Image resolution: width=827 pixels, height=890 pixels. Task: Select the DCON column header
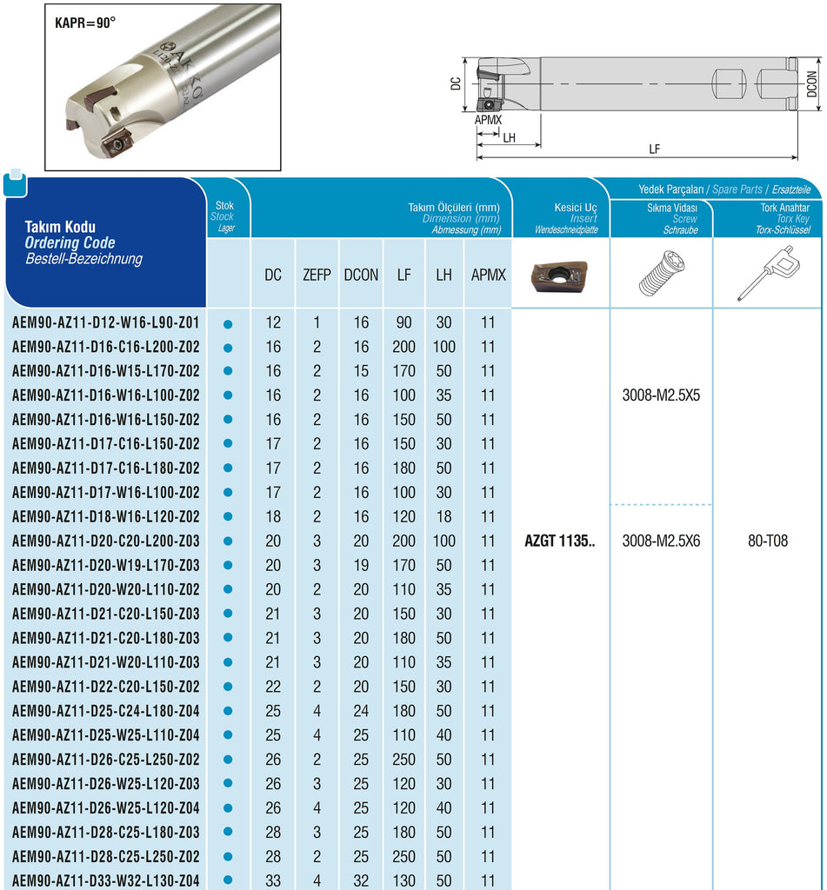coord(360,275)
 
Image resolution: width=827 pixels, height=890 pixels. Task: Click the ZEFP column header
coord(317,275)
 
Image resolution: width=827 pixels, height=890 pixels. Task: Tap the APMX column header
coord(488,275)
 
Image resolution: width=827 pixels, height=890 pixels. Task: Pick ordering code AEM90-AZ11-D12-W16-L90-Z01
coord(106,322)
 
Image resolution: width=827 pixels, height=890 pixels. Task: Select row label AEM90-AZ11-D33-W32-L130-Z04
coord(106,880)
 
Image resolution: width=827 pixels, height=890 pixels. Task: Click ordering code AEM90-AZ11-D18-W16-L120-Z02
coord(106,516)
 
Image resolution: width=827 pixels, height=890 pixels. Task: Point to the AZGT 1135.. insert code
coord(560,541)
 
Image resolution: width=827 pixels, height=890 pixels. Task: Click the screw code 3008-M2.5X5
coord(661,395)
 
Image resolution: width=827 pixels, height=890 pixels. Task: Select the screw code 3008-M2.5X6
coord(661,541)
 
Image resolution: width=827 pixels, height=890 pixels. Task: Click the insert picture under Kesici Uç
coord(560,274)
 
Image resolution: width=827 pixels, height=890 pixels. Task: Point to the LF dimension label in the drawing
coord(654,149)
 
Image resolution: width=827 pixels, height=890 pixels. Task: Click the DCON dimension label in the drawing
coord(812,83)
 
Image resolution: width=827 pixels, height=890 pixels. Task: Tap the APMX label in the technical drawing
coord(489,120)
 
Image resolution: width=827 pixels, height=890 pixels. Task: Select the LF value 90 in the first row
coord(403,322)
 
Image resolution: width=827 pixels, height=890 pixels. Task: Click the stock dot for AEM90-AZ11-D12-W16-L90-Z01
coord(228,323)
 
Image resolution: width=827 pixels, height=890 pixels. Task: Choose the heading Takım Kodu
coord(61,227)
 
